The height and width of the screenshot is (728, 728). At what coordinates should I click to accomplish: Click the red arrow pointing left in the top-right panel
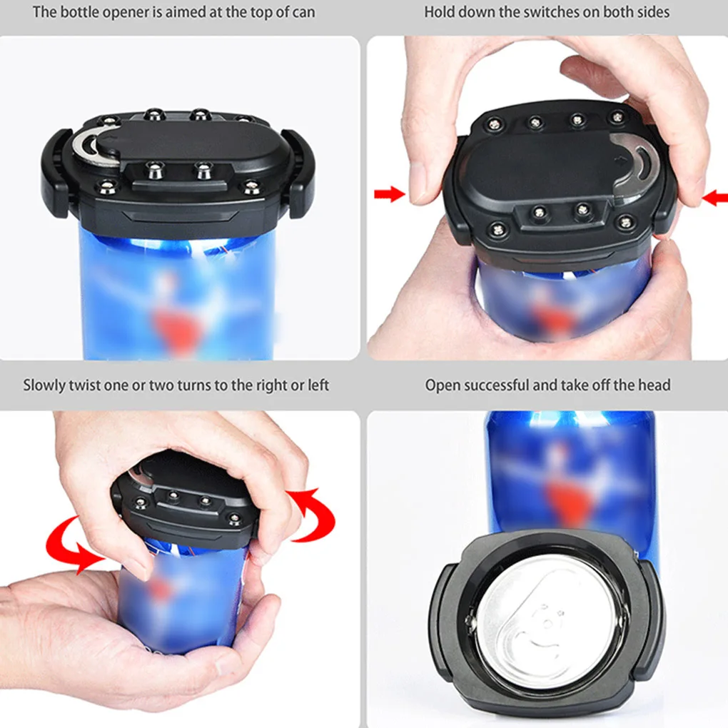(x=714, y=198)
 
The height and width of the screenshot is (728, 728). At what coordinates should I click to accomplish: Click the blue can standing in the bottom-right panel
(x=571, y=471)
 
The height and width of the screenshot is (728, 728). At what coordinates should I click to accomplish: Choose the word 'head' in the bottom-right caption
(x=654, y=385)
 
